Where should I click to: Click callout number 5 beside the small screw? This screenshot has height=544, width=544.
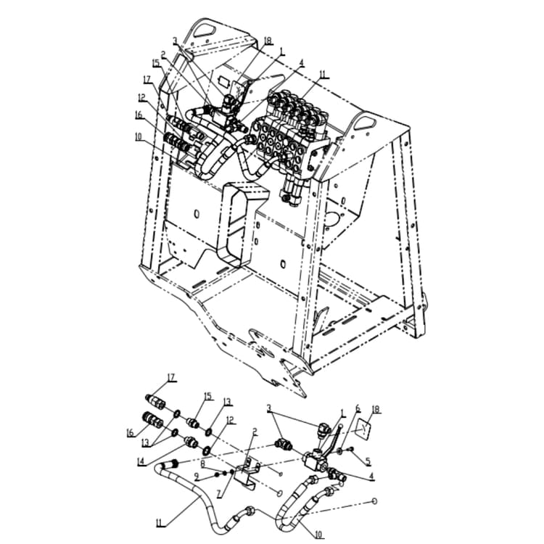click(368, 461)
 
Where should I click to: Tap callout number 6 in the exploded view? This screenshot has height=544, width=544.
click(358, 410)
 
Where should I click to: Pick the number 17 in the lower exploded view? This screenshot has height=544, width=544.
click(171, 377)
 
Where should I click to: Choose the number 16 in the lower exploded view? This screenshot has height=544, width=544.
click(131, 433)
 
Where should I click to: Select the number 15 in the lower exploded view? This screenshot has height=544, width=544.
click(208, 397)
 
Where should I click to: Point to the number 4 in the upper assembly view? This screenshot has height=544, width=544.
click(302, 64)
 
